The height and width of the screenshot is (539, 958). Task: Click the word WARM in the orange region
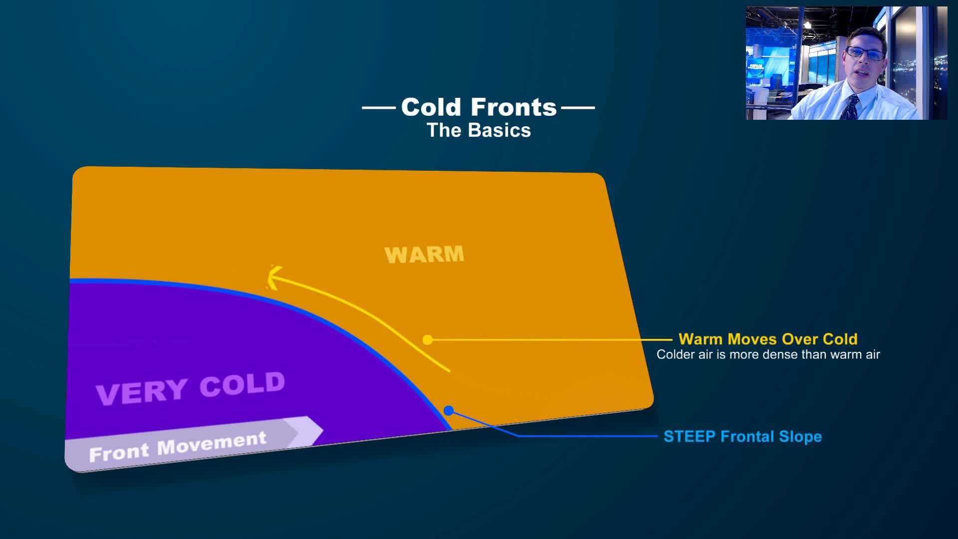coord(424,255)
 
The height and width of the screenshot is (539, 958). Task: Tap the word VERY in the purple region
coord(142,392)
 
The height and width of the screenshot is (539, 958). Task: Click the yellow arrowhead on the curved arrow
coord(273,277)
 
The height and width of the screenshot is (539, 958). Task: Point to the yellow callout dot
coord(428,340)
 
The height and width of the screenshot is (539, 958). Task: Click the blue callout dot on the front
coord(449,411)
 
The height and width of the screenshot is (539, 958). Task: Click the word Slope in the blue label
coord(800,437)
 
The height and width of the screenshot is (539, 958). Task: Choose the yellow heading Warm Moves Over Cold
coord(768,339)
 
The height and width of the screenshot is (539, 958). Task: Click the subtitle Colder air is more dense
coord(768,354)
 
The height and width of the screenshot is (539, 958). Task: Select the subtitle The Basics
coord(479,130)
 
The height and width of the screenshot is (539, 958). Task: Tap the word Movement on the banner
coord(212,443)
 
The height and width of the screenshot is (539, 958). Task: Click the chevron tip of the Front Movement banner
coord(322,430)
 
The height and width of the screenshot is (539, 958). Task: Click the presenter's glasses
coord(865,53)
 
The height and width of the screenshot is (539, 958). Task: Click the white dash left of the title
coord(379,107)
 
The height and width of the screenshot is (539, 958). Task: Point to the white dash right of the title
coord(578,107)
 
